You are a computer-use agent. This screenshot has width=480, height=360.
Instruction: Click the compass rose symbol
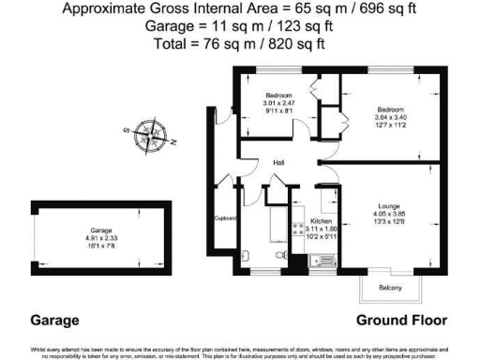(x=147, y=136)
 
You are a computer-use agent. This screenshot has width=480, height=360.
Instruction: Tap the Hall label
(x=278, y=163)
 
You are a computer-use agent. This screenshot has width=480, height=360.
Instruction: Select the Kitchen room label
(x=322, y=222)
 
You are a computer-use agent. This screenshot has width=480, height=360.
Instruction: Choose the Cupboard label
(x=226, y=219)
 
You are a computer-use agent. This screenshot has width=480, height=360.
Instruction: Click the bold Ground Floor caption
(x=393, y=320)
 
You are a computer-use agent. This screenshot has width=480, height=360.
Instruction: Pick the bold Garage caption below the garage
(x=54, y=320)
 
